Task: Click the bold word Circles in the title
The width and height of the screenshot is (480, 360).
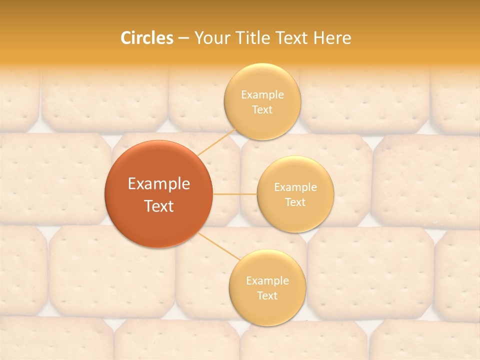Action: (147, 38)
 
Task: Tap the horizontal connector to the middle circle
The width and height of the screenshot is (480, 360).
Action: (234, 194)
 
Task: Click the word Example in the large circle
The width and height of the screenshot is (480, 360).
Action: (159, 184)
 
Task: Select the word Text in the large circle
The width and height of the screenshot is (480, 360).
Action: (159, 206)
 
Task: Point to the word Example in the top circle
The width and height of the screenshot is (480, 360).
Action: (262, 94)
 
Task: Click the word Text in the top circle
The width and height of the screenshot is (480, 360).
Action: (262, 109)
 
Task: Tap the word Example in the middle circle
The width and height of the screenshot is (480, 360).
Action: (295, 187)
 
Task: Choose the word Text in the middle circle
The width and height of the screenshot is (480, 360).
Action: (295, 202)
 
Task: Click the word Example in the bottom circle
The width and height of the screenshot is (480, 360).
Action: (267, 280)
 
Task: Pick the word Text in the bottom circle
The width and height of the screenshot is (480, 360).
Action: (267, 295)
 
